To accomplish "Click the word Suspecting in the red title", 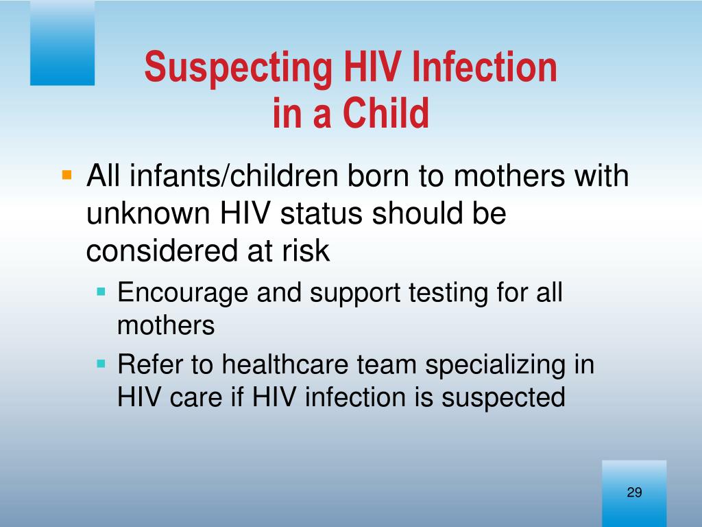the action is (238, 68).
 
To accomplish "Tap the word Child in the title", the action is (387, 113).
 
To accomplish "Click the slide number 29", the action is (634, 492).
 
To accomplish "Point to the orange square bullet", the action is (66, 174).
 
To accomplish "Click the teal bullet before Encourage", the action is (101, 292).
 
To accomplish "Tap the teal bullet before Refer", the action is (101, 364).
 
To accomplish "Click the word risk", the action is (306, 250).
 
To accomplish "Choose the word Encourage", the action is (182, 293).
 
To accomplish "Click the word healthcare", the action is (285, 364).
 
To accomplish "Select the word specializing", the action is (496, 365).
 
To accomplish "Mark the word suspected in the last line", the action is (504, 398).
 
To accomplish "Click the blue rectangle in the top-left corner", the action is (62, 43).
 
